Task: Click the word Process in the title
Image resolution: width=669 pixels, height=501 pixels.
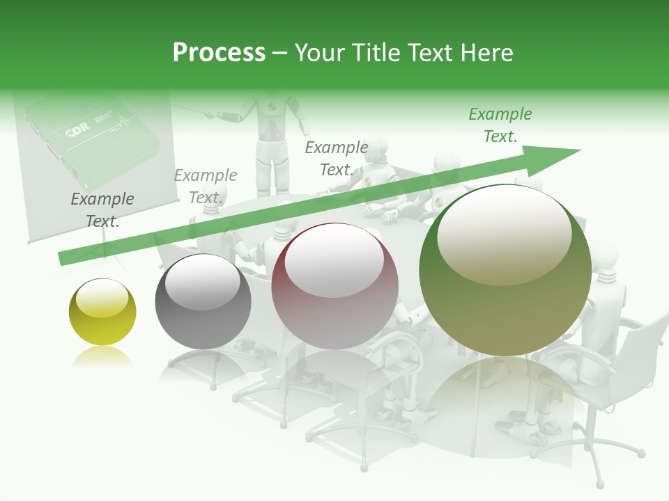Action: (219, 53)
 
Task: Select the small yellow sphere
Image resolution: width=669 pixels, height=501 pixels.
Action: (102, 312)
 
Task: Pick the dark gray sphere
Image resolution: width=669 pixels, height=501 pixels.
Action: (203, 301)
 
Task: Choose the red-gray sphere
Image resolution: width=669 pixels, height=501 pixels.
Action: (334, 286)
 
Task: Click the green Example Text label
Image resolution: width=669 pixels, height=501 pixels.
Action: (500, 125)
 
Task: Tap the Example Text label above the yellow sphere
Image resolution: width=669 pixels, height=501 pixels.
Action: (102, 210)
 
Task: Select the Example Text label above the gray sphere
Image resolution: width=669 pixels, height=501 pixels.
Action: (206, 186)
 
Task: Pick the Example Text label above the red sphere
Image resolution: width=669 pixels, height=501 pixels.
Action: (337, 159)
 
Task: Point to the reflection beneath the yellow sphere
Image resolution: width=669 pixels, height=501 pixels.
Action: (102, 356)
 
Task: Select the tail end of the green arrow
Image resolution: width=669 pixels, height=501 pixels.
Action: (63, 259)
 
